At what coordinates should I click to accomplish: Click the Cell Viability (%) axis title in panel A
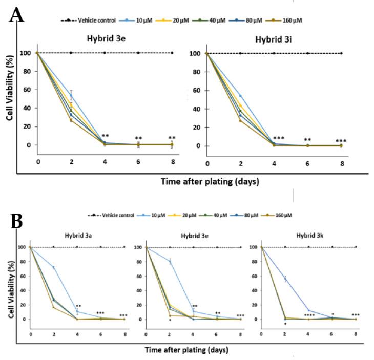[10, 99]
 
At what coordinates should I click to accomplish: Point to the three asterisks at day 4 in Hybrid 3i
[279, 138]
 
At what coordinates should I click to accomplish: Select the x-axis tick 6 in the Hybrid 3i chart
[307, 163]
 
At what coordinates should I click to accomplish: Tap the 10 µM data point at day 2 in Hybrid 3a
[53, 267]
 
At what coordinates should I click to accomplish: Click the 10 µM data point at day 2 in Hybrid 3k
[285, 279]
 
